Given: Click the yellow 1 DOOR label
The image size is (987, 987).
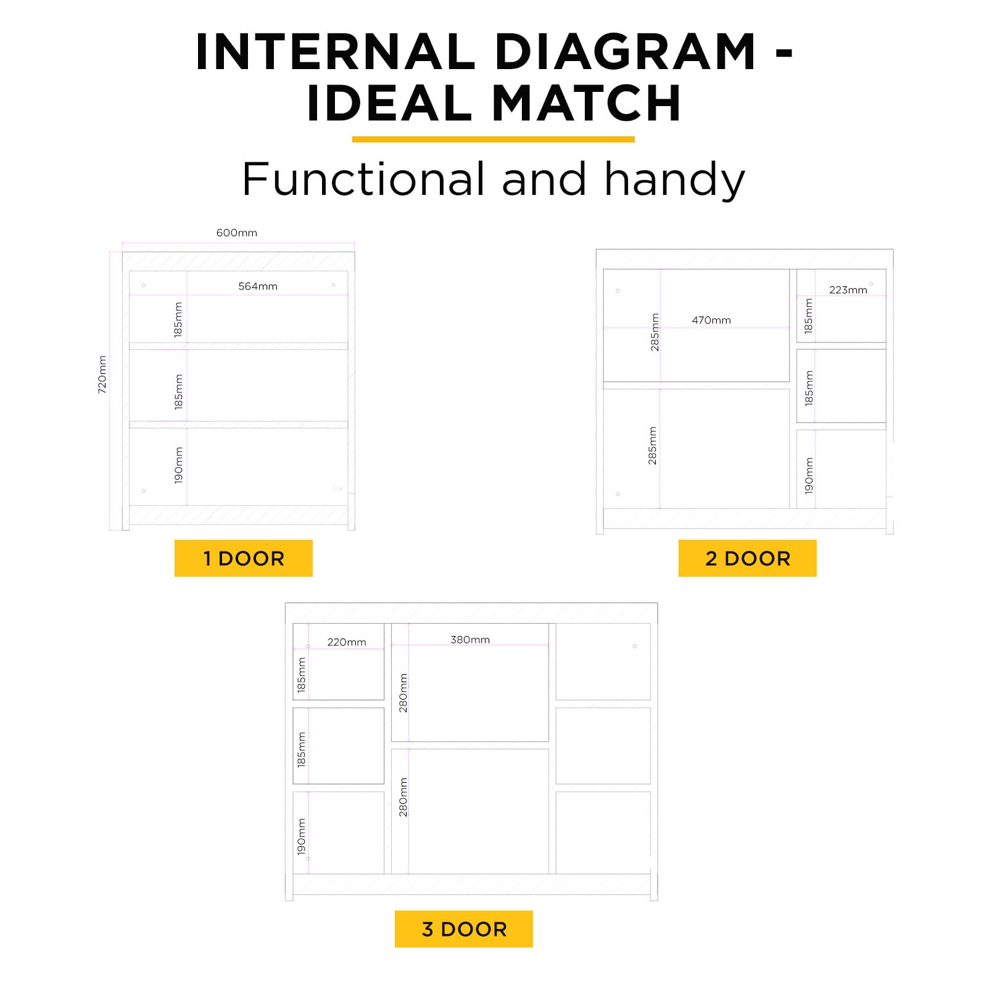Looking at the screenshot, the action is (243, 558).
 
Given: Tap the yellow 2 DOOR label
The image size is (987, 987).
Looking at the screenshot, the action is (747, 558).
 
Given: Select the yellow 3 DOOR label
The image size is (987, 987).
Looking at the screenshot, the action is (463, 929).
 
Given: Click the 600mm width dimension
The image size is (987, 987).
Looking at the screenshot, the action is (237, 233).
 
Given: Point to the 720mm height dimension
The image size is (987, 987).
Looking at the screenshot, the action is (102, 374).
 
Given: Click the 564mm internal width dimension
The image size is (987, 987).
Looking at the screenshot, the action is (258, 286).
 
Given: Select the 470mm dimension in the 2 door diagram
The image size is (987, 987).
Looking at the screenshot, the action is (711, 320).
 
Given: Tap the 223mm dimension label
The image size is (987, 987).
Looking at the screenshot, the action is (848, 290).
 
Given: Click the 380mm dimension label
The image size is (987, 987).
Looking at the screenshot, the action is (470, 640).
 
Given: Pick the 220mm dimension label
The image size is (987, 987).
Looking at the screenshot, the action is (347, 642).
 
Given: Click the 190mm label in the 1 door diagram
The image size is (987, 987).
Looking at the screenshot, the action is (179, 465).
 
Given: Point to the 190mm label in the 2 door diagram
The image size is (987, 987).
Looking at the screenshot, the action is (809, 476).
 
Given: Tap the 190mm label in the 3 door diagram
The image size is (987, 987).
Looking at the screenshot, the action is (302, 836).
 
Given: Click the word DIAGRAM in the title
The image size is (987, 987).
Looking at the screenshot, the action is (626, 52).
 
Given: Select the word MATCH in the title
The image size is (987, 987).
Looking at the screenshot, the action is (587, 103).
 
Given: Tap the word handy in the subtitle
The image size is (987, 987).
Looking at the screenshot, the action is (675, 180).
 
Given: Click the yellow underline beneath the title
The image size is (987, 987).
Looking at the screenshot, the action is (493, 139).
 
